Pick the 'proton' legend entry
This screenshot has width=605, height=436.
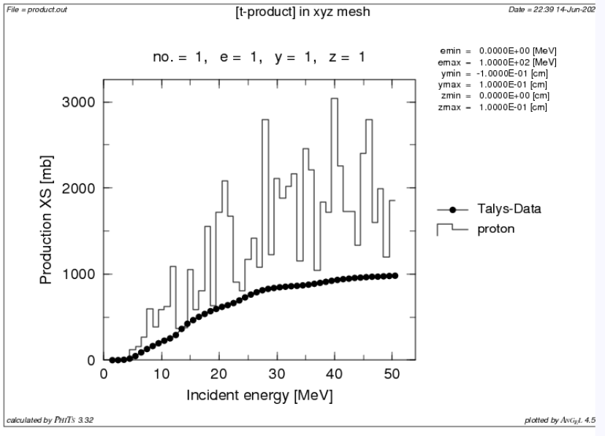pos(491,229)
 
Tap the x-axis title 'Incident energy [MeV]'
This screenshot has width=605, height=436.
pos(260,397)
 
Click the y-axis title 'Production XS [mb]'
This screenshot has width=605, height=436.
pos(46,232)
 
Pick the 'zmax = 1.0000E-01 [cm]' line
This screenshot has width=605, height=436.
pos(493,108)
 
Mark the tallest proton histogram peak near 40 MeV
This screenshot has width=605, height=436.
pos(335,99)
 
